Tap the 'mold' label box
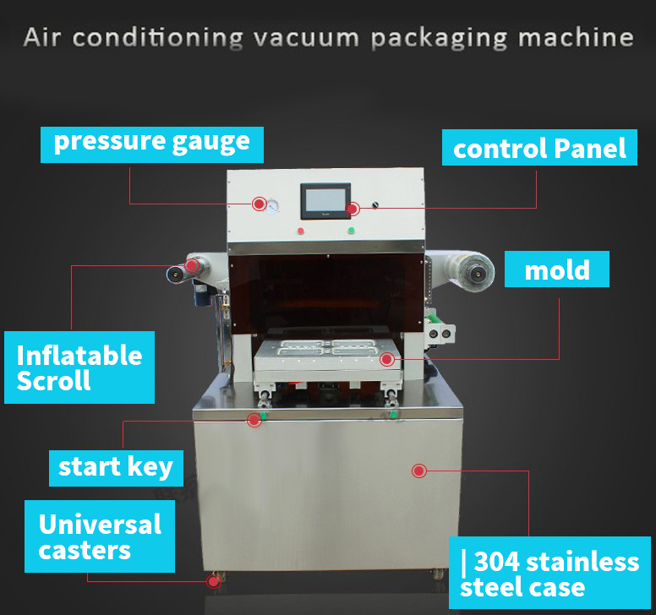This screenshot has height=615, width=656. click(557, 270)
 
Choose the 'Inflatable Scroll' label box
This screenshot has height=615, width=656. click(79, 367)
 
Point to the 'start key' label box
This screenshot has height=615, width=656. click(115, 465)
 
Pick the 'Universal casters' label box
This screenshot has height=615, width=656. click(100, 536)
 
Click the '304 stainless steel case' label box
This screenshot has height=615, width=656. click(549, 573)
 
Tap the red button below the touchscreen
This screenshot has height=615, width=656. click(300, 231)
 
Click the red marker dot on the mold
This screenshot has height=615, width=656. click(387, 359)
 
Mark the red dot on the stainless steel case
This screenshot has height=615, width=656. click(418, 471)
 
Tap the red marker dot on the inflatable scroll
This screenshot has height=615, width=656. click(192, 265)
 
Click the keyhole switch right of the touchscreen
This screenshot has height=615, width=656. click(375, 205)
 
